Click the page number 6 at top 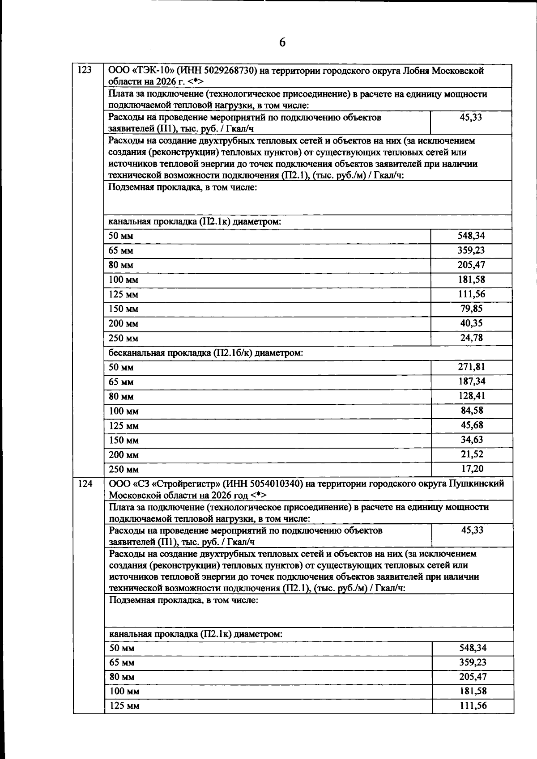click(282, 42)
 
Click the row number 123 click(85, 70)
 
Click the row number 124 click(85, 483)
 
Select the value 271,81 click(471, 367)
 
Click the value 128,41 click(471, 396)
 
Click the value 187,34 click(471, 382)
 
